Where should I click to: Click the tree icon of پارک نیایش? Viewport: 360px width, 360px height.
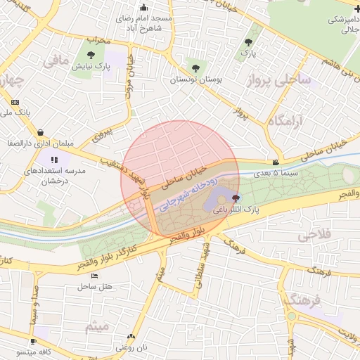pos(91,55)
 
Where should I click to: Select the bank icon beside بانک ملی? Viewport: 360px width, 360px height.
pos(15,102)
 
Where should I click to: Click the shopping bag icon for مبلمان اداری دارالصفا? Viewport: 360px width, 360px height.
pos(41,132)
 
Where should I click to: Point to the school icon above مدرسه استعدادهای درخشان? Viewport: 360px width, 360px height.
pos(55,160)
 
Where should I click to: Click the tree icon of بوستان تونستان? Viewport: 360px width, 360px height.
pos(195,68)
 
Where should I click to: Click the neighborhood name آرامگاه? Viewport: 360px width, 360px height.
pos(284,121)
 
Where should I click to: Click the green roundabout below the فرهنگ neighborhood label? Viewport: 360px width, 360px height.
pos(290,317)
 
